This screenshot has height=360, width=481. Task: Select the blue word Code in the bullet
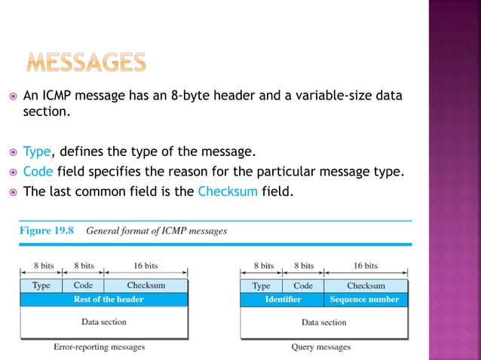37,171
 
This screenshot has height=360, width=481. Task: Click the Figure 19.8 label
46,231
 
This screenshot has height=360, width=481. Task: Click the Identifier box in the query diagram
283,299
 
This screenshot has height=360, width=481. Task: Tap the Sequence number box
365,299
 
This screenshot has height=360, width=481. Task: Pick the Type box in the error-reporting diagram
41,285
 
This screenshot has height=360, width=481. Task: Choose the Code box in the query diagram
303,285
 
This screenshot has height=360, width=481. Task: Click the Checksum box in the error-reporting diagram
146,285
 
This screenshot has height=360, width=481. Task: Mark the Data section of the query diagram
324,322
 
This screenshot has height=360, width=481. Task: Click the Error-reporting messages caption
99,347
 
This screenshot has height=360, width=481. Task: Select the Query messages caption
320,347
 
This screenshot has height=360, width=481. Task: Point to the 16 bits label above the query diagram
366,266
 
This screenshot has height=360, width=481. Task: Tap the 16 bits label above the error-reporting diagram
146,266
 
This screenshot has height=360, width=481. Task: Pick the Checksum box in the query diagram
366,285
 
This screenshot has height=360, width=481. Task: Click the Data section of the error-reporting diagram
104,322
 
